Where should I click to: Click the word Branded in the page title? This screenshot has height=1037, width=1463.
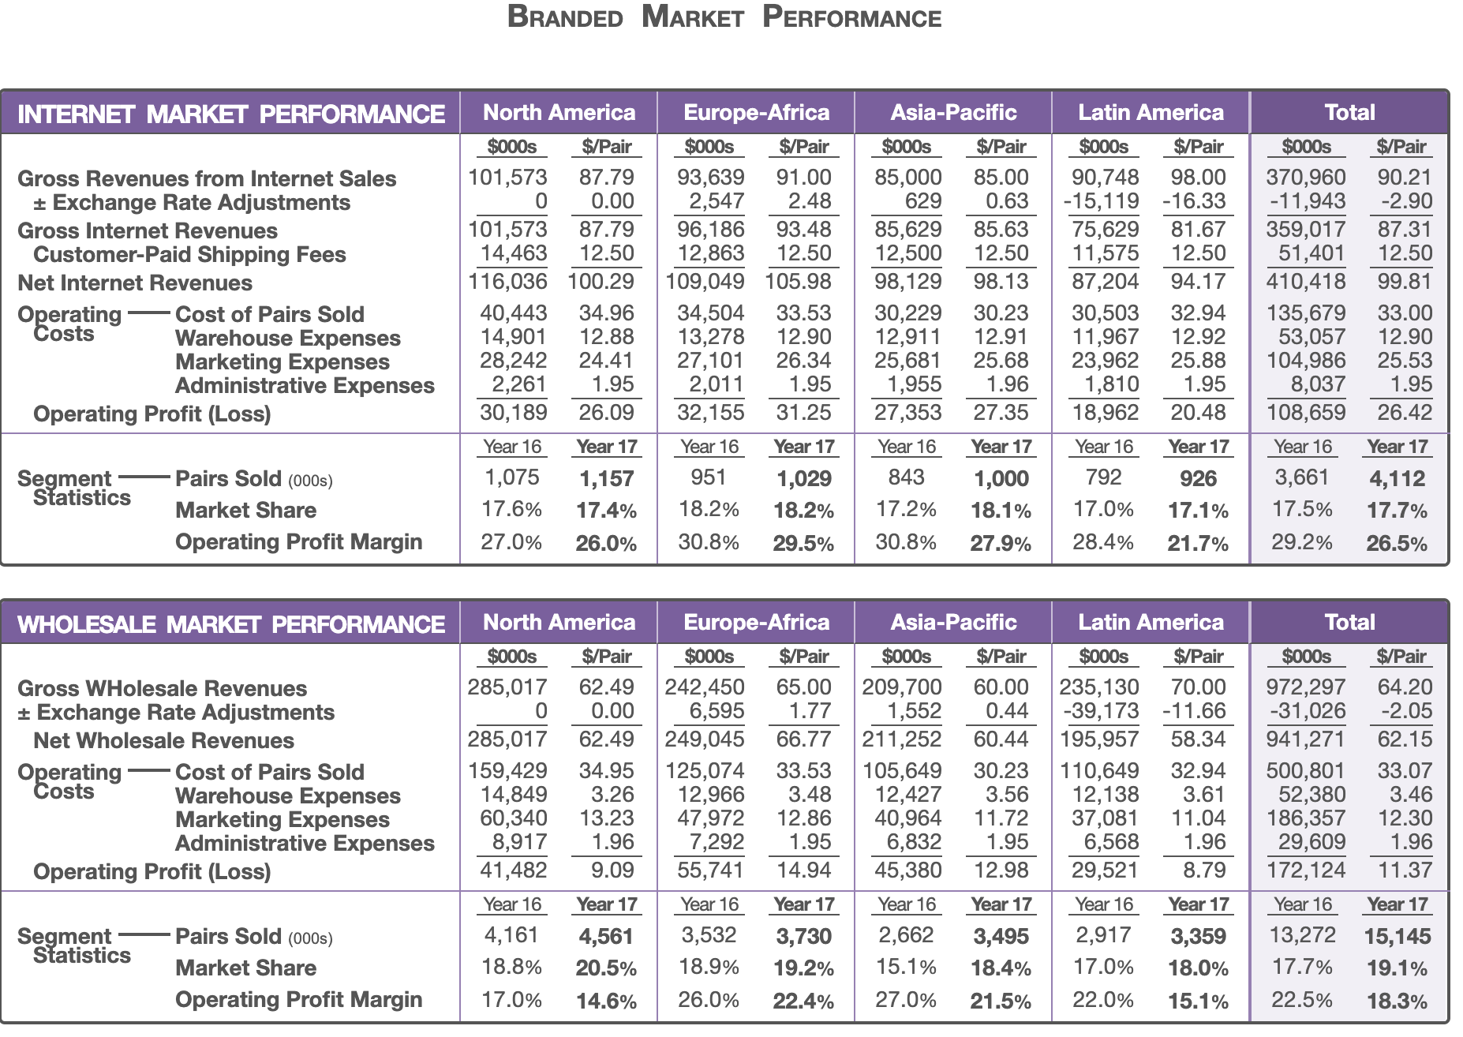pos(565,17)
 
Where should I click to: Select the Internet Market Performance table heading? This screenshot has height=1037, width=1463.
pos(231,114)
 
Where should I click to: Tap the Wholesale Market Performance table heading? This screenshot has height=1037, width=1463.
pos(231,624)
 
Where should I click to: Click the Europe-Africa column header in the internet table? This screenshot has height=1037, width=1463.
pos(757,113)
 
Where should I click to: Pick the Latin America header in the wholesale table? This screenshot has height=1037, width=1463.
pos(1151,623)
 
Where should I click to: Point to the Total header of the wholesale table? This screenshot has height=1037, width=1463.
pos(1350,623)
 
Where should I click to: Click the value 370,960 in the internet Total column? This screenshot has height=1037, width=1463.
pos(1306,178)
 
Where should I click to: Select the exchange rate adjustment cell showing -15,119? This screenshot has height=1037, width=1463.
pos(1101,201)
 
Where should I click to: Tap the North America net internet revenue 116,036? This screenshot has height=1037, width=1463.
pos(507,282)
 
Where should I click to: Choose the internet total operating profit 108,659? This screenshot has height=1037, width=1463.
pos(1306,413)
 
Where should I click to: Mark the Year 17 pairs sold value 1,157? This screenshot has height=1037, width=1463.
pos(606,479)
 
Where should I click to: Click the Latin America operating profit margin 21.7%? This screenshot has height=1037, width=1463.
pos(1198,544)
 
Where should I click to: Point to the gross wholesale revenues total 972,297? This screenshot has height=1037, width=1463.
pos(1306,687)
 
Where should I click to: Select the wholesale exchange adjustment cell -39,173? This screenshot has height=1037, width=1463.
pos(1101,711)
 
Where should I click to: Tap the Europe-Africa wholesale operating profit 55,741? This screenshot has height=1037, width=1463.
pos(710,870)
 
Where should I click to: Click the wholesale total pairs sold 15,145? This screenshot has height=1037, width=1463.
pos(1398,937)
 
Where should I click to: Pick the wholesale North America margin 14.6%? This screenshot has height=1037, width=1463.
pos(606,1001)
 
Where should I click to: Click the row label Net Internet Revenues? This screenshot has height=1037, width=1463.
pos(135,283)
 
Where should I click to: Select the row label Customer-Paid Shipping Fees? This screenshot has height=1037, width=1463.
pos(189,254)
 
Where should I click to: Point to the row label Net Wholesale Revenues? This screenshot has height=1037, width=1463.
pos(163,740)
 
